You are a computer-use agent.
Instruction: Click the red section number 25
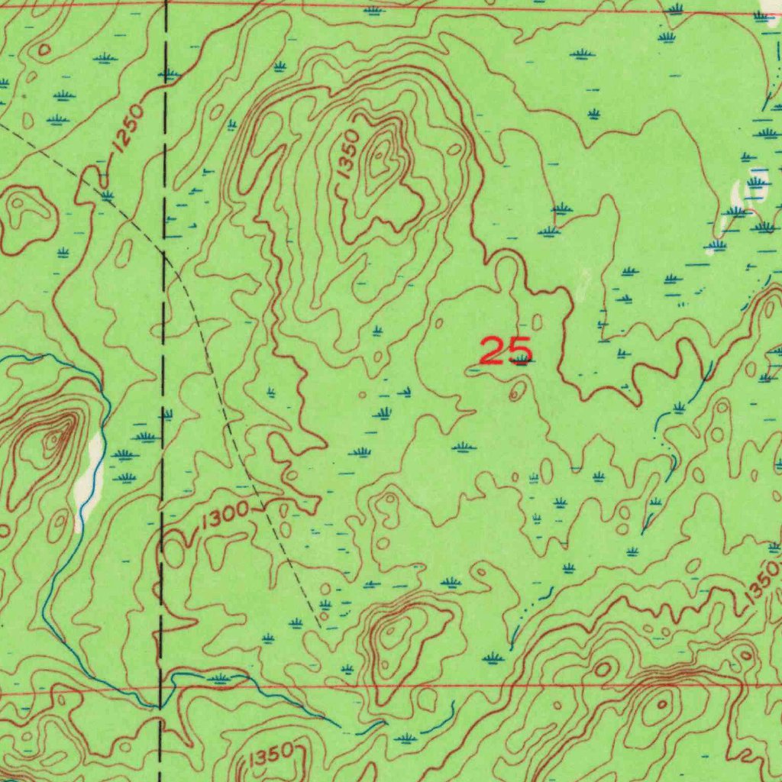504,351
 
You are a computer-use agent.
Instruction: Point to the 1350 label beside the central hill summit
347,155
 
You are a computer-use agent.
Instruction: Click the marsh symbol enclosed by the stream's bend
219,678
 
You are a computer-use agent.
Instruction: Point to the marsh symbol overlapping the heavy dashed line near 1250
168,75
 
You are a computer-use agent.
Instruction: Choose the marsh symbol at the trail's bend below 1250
107,195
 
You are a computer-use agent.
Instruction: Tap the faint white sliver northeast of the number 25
584,284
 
